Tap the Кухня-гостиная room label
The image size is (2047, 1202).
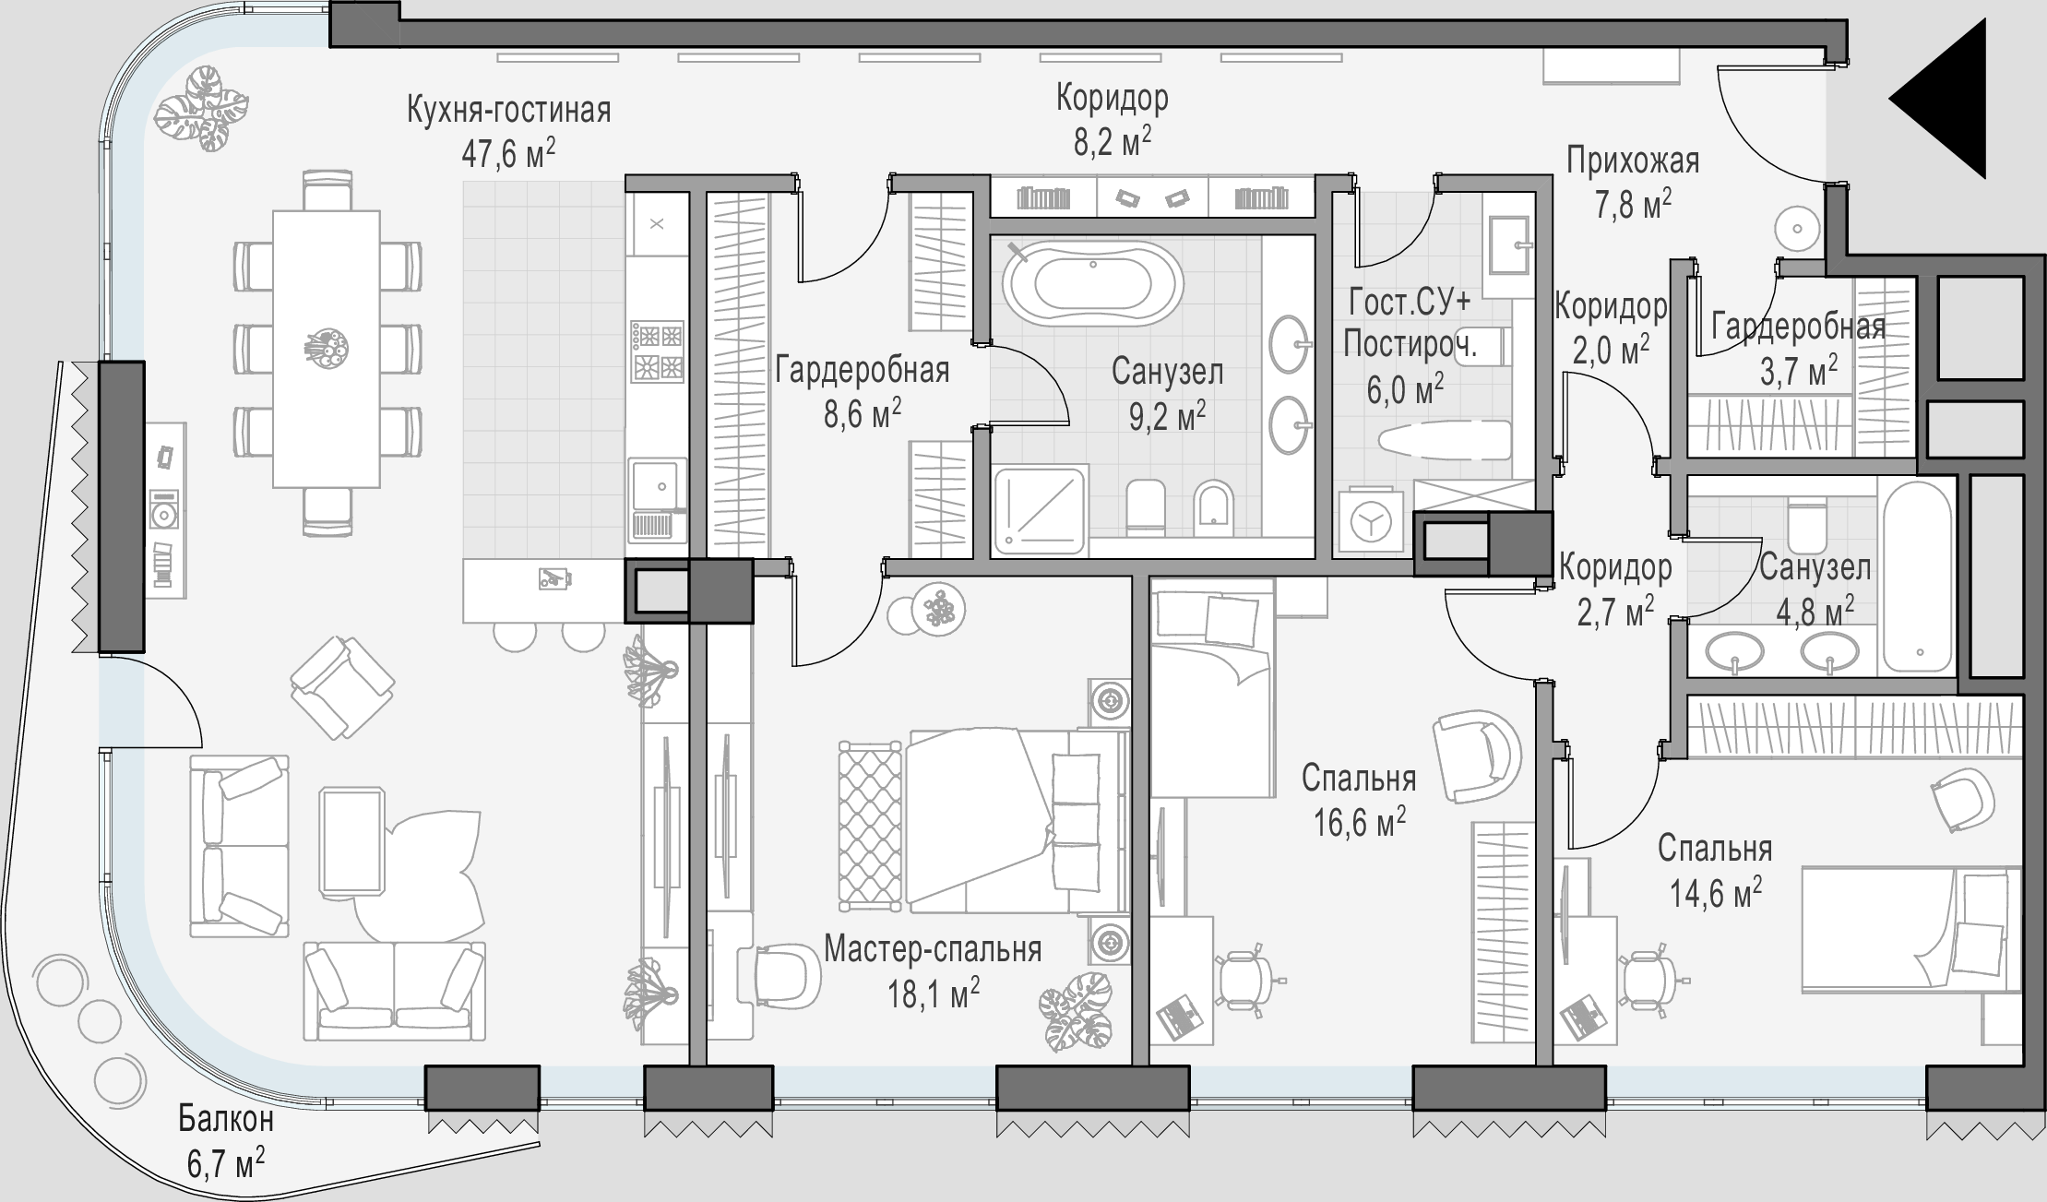[x=508, y=110]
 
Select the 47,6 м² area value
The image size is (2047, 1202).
[x=508, y=152]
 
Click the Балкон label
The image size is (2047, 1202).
[x=226, y=1120]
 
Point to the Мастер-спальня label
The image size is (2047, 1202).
[x=933, y=949]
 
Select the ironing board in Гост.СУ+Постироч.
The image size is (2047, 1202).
[x=1444, y=440]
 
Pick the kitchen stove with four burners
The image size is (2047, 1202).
[x=657, y=351]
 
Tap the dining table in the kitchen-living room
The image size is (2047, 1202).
[x=327, y=349]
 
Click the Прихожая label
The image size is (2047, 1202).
[x=1633, y=161]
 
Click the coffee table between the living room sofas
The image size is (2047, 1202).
[x=352, y=841]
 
